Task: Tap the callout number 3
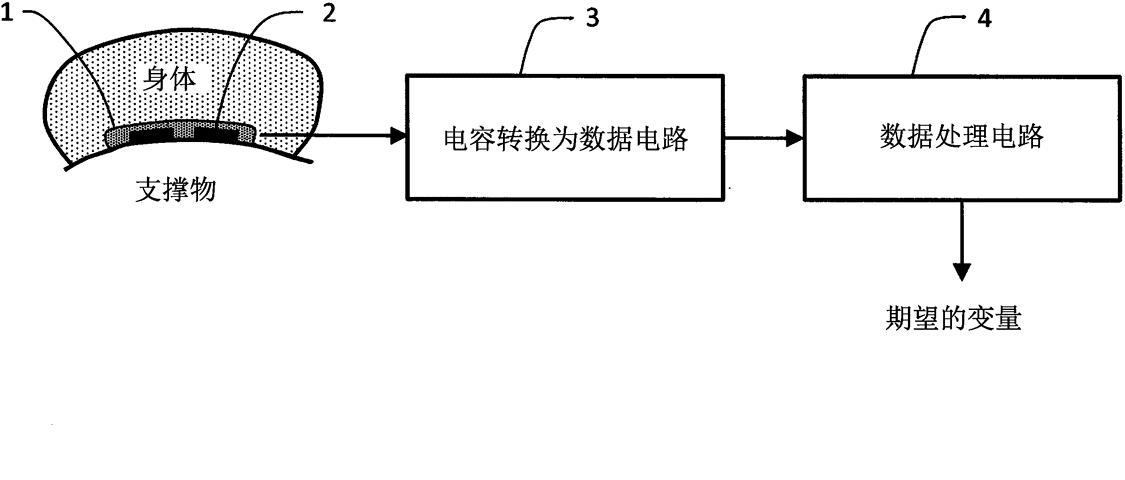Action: pos(593,19)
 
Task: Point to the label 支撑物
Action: pos(176,190)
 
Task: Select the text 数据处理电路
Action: pos(961,137)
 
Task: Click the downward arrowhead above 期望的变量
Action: pos(962,271)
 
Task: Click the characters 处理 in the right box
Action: pos(961,137)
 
